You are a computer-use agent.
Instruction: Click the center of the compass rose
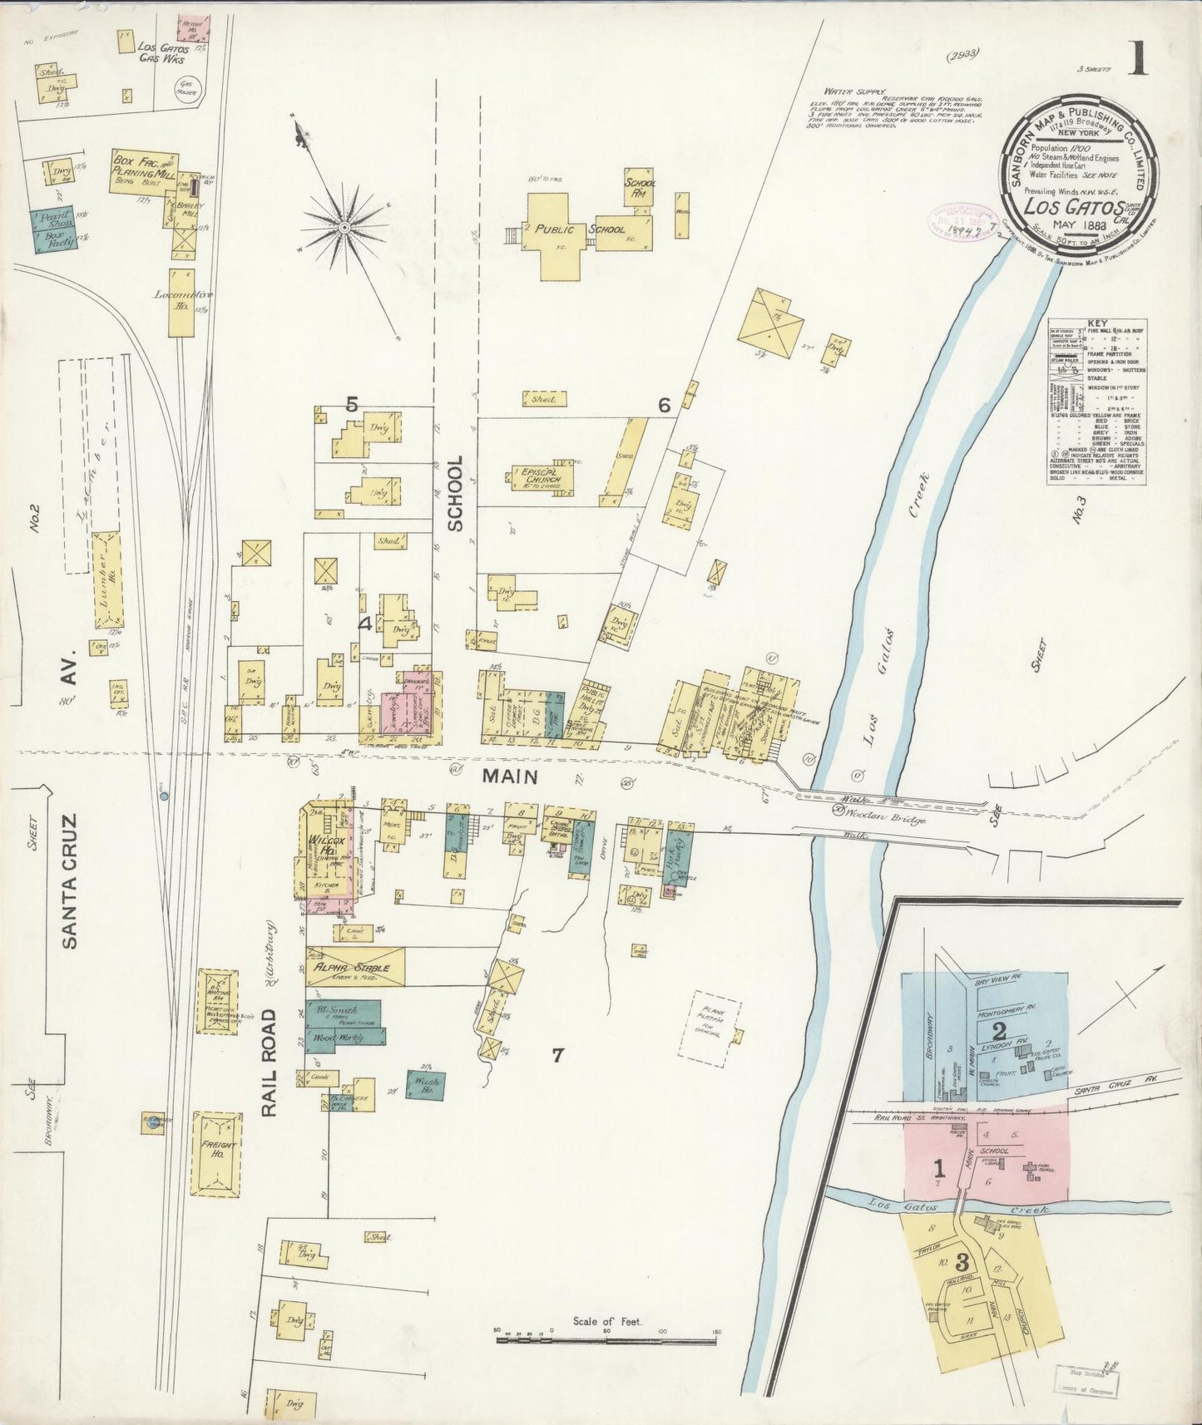(343, 226)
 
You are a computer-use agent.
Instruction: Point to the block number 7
(558, 1056)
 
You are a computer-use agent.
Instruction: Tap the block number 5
(351, 405)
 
